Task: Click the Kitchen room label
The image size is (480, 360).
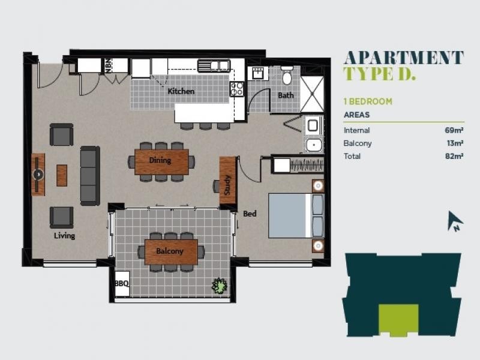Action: click(x=181, y=91)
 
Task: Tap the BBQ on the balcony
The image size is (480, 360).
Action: click(x=122, y=284)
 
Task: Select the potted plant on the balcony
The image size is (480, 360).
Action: click(x=220, y=286)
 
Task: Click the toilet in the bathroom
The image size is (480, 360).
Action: click(x=287, y=76)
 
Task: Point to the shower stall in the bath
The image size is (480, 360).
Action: click(x=312, y=94)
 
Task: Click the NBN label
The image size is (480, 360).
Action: click(x=109, y=65)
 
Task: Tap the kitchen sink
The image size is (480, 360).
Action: click(x=214, y=65)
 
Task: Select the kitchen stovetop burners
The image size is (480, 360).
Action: click(x=236, y=89)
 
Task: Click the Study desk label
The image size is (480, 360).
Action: click(x=227, y=185)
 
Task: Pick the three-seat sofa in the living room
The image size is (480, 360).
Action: click(x=90, y=176)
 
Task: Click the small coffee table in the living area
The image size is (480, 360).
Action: click(x=62, y=175)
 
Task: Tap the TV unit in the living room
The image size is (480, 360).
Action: click(x=38, y=175)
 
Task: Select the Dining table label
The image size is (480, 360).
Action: click(x=160, y=160)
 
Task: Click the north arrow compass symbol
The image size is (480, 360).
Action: click(x=455, y=221)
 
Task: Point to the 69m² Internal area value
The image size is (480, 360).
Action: click(x=454, y=130)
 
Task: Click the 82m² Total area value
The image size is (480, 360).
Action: click(x=454, y=156)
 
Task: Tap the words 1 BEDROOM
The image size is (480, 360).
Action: click(x=368, y=101)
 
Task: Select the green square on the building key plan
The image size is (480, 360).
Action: click(x=398, y=320)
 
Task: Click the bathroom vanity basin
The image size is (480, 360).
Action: click(x=257, y=73)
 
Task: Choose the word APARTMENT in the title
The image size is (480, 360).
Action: click(x=403, y=58)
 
